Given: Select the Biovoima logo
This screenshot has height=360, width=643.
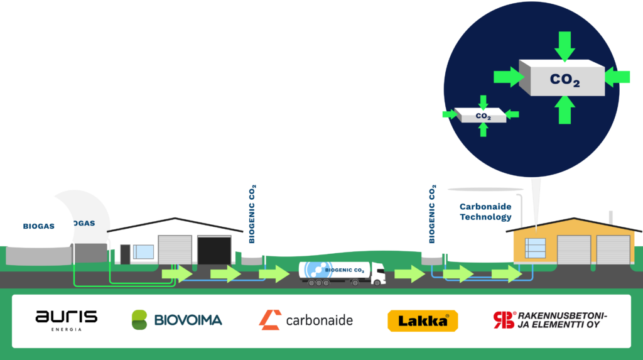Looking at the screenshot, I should pyautogui.click(x=176, y=320).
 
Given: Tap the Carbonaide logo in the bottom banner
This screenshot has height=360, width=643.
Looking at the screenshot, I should pyautogui.click(x=306, y=320).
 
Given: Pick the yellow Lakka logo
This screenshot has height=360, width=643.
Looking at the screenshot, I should pyautogui.click(x=423, y=320).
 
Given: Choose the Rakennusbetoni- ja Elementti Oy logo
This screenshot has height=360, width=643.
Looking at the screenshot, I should pyautogui.click(x=549, y=320).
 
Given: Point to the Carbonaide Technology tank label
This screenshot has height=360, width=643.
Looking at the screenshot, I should pyautogui.click(x=485, y=212).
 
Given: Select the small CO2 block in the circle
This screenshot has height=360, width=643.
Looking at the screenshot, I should pyautogui.click(x=482, y=116).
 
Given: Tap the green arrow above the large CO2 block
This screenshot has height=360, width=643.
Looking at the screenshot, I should pyautogui.click(x=565, y=45).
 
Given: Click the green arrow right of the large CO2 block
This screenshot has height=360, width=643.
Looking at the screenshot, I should pyautogui.click(x=617, y=77).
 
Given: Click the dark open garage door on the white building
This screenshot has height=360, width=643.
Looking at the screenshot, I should pyautogui.click(x=214, y=250).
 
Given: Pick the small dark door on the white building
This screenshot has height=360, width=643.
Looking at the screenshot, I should pyautogui.click(x=126, y=254).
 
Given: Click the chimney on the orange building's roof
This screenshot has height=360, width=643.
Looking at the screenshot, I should pyautogui.click(x=613, y=217).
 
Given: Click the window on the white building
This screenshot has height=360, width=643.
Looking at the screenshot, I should pyautogui.click(x=144, y=252).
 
